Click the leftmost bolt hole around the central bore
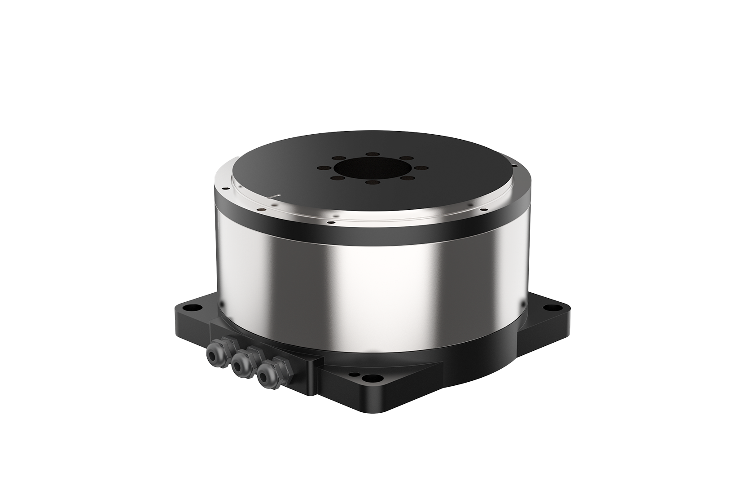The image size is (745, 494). tap(321, 168)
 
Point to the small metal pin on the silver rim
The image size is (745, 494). tap(273, 196)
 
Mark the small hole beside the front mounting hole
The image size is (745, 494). tap(355, 374)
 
